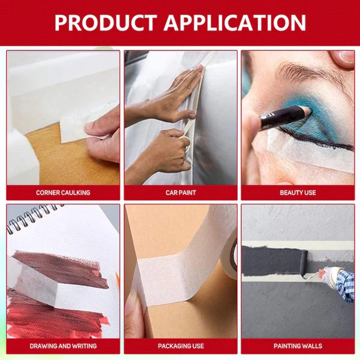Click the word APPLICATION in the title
[x=235, y=23]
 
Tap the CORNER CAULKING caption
[x=63, y=193]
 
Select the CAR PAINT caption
[x=181, y=193]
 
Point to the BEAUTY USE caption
[x=298, y=193]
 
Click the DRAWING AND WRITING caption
[x=63, y=346]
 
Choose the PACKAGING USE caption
[x=181, y=346]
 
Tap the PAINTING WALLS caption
[x=298, y=346]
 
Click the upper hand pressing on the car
[x=175, y=97]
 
